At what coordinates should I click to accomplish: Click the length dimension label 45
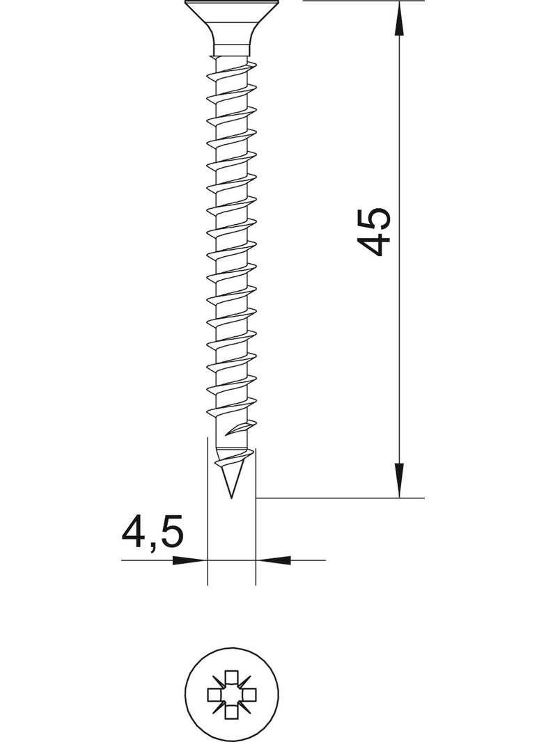374,232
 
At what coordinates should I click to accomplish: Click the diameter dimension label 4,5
152,533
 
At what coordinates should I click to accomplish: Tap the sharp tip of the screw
231,498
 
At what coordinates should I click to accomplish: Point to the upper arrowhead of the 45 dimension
400,18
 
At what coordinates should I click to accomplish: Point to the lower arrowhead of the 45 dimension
400,480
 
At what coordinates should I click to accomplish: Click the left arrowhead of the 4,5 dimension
189,560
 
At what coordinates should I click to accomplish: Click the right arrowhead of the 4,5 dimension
273,560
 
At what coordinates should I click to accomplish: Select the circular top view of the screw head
231,695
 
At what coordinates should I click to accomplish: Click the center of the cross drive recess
231,694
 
